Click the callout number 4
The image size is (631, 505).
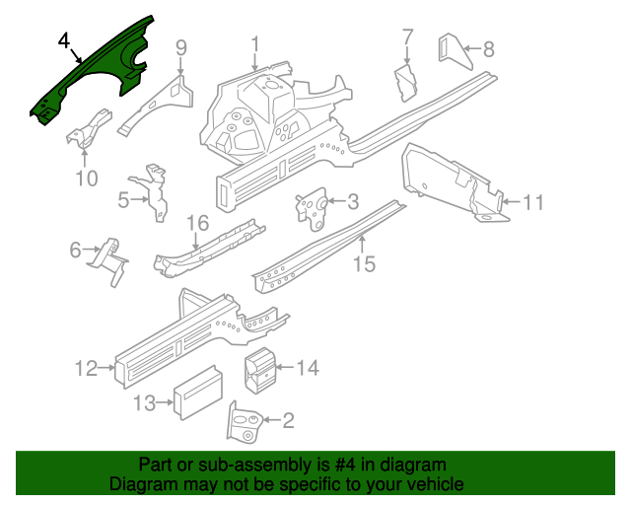64,41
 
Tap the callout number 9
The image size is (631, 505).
181,47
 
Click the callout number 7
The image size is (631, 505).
407,38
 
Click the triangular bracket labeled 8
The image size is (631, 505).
453,52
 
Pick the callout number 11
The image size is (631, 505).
532,203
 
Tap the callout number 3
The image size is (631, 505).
352,203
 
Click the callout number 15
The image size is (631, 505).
364,263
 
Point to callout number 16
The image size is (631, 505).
198,222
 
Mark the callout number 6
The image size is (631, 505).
76,251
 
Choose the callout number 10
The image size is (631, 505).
87,179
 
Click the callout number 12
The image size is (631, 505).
86,369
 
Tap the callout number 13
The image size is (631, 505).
144,402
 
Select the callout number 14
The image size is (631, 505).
308,368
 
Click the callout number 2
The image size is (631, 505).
288,422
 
